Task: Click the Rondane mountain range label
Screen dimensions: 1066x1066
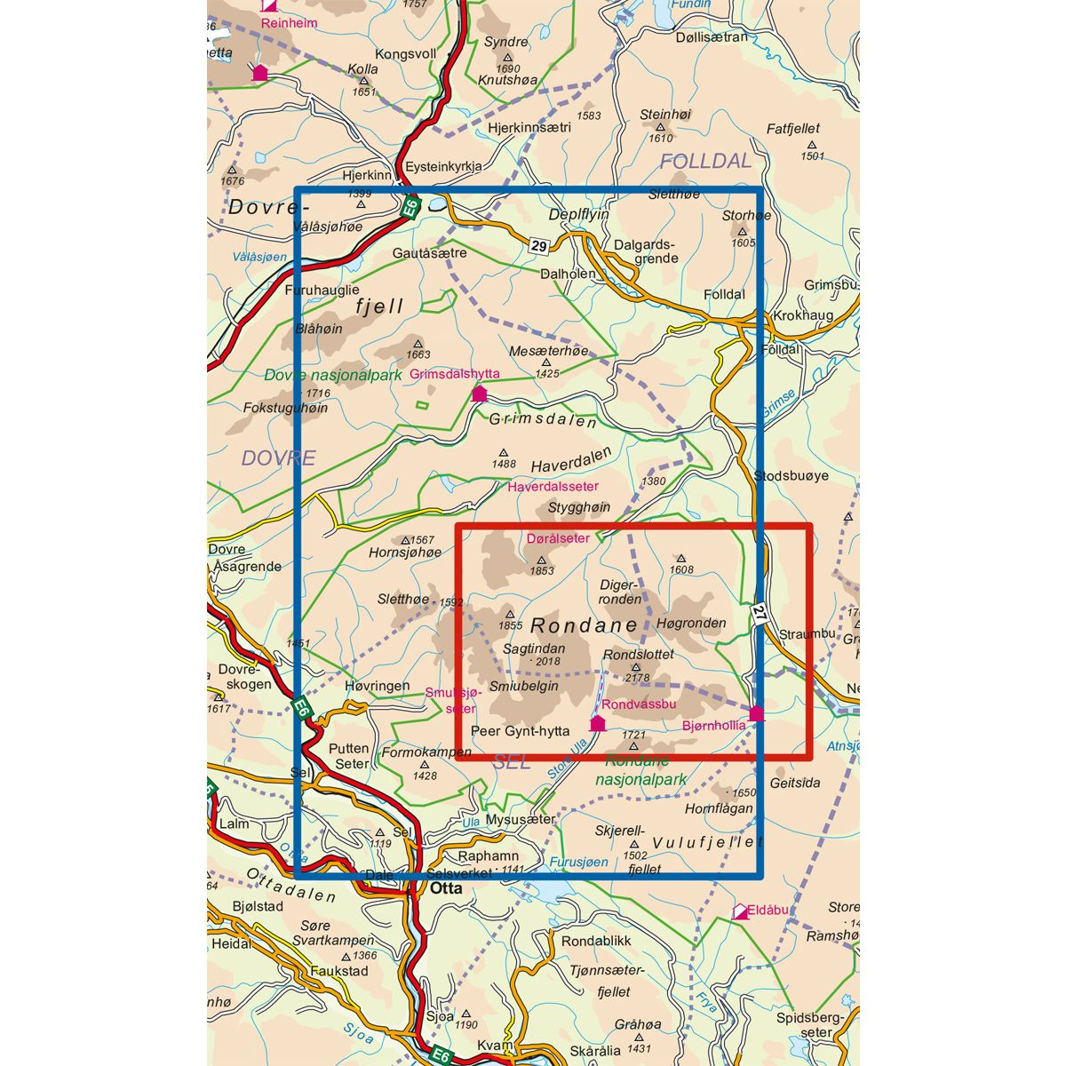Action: [x=583, y=624]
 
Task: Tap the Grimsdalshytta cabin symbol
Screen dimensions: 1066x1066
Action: [x=480, y=394]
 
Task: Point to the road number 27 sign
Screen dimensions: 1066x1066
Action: [x=757, y=614]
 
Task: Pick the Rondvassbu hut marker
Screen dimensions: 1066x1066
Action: [x=597, y=724]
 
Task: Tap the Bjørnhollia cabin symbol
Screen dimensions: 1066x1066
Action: [x=756, y=713]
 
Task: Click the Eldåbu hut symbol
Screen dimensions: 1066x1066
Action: [x=740, y=911]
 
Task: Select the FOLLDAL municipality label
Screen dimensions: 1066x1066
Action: [x=705, y=162]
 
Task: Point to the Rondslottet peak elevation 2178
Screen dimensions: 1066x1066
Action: [x=638, y=678]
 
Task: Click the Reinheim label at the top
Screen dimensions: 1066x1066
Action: [x=289, y=23]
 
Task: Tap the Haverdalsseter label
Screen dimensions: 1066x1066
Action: [x=553, y=487]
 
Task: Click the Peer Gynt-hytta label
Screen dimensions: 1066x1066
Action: [x=520, y=732]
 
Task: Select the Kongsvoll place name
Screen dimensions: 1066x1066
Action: [x=406, y=53]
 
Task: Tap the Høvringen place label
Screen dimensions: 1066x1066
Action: [x=378, y=687]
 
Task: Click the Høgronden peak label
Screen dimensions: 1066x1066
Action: [x=691, y=623]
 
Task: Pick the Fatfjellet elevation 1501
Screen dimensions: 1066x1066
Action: [x=812, y=156]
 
